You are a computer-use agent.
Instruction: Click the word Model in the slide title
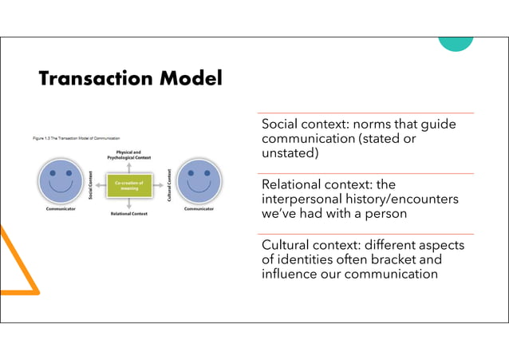190,79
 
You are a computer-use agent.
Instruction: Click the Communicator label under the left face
61,211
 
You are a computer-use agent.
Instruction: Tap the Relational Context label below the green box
129,214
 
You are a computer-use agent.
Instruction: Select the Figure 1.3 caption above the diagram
76,138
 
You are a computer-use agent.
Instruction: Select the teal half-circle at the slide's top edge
455,42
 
